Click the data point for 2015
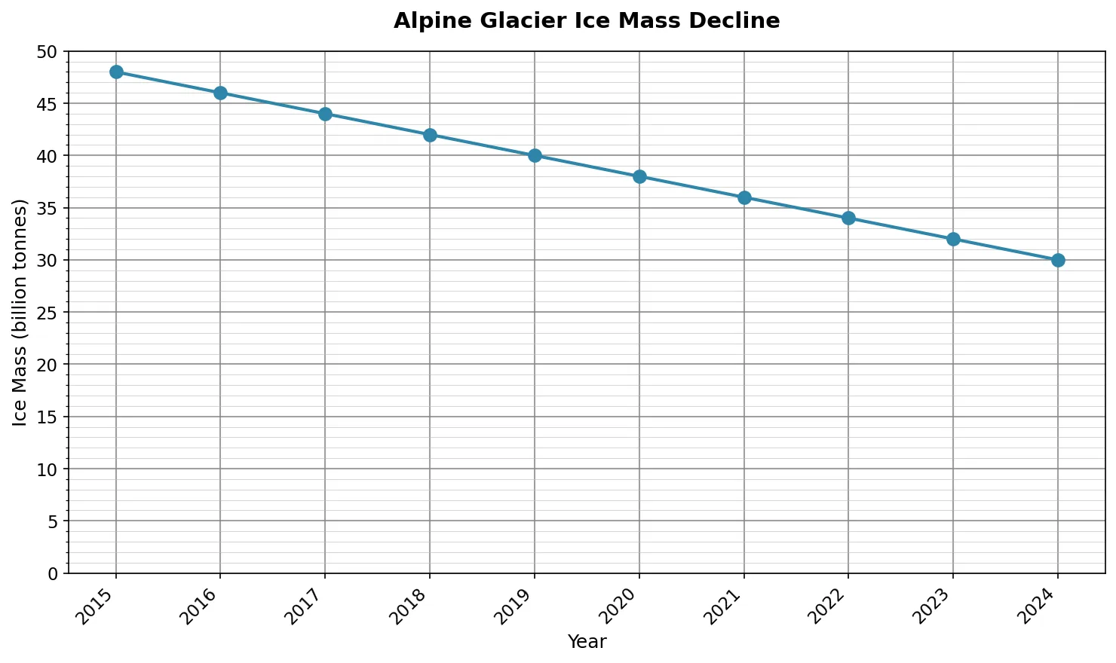tap(116, 72)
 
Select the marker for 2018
tap(430, 135)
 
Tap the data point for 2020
tap(639, 176)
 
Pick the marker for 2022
tap(848, 218)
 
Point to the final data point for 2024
tap(1058, 260)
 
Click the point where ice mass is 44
tap(325, 114)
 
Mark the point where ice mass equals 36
tap(744, 197)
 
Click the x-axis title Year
tap(587, 642)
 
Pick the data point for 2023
tap(953, 239)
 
